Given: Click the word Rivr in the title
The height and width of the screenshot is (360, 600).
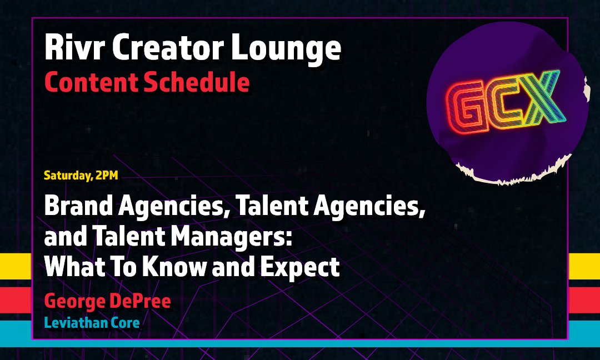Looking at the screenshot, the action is pos(74,47).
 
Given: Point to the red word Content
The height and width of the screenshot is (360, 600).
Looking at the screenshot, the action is pos(91,82).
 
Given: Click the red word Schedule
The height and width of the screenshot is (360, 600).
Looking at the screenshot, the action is pos(197,82).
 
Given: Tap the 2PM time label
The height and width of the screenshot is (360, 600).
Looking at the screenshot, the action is pos(107,175).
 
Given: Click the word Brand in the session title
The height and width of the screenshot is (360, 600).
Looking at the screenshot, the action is pos(78,206).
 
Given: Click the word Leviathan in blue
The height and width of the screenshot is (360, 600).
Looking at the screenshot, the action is pos(76,323).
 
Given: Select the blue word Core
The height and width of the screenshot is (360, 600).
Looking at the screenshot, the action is pos(125,323).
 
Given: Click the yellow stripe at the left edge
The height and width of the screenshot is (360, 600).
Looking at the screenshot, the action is pos(16,266).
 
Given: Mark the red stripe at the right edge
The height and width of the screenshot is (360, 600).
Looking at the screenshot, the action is pos(584,300).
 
